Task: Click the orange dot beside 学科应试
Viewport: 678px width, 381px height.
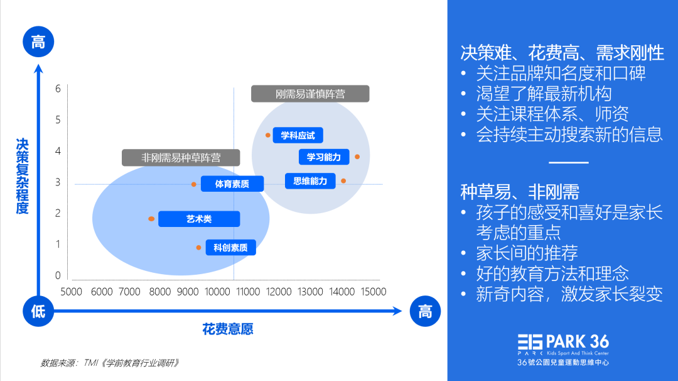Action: coord(268,135)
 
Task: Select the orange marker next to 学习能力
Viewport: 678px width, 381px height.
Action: coord(357,157)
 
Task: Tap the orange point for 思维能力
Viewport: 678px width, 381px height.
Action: coord(343,181)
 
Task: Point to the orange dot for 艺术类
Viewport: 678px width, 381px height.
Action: coord(151,219)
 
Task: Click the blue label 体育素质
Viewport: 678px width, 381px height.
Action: coord(232,184)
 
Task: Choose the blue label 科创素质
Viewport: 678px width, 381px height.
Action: coord(230,248)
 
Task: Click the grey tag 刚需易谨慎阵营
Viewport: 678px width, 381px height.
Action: coord(310,94)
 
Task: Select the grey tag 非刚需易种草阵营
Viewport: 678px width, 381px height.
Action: coord(181,157)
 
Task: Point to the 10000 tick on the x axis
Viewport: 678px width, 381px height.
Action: coord(218,292)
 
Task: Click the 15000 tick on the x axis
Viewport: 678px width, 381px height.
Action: coord(373,292)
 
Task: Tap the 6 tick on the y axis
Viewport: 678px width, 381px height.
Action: coord(58,89)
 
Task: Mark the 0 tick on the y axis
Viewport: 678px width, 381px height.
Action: coord(58,275)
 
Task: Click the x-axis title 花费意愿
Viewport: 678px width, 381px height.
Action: coord(228,329)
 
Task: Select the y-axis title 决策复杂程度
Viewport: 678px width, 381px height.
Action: coord(23,176)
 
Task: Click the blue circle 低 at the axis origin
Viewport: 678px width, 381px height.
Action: coord(38,311)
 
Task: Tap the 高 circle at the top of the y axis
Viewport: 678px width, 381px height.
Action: coord(38,43)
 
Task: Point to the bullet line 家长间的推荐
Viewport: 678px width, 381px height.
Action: coord(526,253)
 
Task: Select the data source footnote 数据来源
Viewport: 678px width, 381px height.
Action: coord(110,363)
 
